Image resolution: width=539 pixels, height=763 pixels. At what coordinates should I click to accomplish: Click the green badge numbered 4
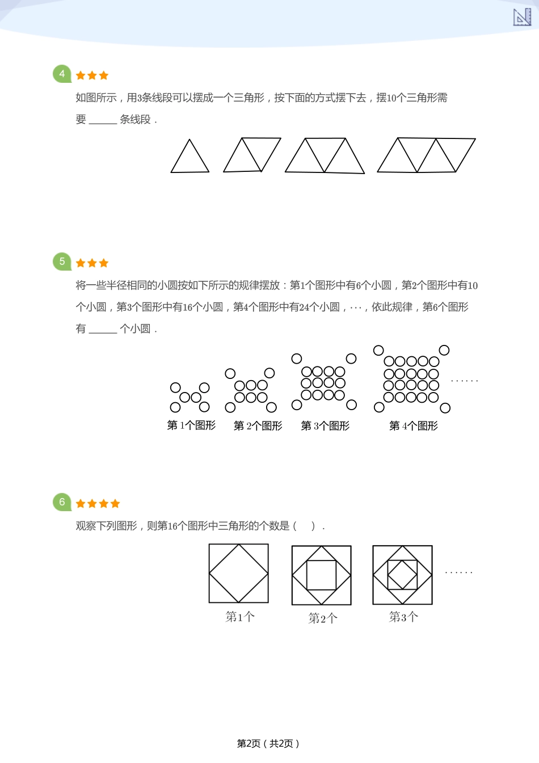[x=62, y=74]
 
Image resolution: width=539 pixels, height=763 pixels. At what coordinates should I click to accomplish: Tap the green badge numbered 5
[x=62, y=262]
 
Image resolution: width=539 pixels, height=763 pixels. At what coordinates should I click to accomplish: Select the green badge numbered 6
[x=62, y=502]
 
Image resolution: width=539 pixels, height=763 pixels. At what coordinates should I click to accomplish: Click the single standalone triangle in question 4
[x=190, y=158]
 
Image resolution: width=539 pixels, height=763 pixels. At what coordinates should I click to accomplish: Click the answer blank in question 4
[x=103, y=120]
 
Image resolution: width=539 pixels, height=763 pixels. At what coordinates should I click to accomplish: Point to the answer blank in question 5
[x=103, y=330]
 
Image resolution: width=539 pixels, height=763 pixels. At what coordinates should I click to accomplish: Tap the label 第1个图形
[x=191, y=425]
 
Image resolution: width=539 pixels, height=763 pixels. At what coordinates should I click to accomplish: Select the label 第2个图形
[x=258, y=426]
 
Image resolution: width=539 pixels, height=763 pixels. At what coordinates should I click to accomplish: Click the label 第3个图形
[x=325, y=426]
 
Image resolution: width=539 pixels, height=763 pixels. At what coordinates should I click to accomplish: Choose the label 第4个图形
[x=413, y=426]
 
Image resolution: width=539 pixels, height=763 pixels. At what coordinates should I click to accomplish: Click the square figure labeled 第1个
[x=239, y=574]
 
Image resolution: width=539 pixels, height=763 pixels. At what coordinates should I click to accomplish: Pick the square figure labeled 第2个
[x=321, y=575]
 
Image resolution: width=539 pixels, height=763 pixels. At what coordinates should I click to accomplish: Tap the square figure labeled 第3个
[x=403, y=575]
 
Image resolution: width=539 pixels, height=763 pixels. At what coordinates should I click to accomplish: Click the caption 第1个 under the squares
[x=240, y=617]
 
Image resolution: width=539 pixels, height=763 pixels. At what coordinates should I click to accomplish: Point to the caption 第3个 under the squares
[x=403, y=617]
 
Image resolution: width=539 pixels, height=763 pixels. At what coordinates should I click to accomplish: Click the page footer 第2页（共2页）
[x=268, y=744]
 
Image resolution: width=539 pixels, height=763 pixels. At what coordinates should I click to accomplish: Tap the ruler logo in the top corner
[x=522, y=17]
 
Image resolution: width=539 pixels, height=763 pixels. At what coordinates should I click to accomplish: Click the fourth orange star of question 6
[x=116, y=504]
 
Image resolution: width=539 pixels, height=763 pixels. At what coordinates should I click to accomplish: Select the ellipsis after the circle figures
[x=464, y=381]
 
